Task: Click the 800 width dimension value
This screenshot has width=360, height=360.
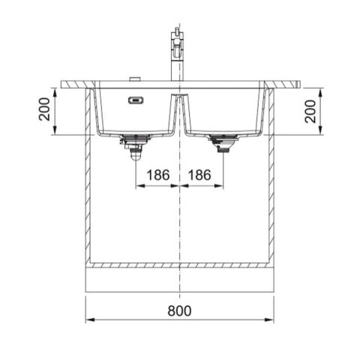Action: point(179,310)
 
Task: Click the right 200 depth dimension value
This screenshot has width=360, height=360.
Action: point(310,111)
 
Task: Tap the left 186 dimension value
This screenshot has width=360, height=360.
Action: point(157,175)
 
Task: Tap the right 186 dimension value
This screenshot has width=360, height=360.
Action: point(201,175)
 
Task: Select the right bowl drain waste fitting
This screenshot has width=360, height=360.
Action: point(223,142)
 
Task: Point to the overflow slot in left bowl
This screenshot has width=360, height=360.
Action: point(135,97)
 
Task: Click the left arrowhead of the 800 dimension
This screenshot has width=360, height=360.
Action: point(89,320)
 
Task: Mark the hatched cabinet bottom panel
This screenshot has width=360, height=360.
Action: point(179,265)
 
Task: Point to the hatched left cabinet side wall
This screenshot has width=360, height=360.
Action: point(88,180)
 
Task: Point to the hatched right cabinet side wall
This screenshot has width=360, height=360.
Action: point(271,180)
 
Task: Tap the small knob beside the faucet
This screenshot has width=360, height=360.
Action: point(136,79)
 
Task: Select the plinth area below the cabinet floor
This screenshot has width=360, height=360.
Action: point(179,280)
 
